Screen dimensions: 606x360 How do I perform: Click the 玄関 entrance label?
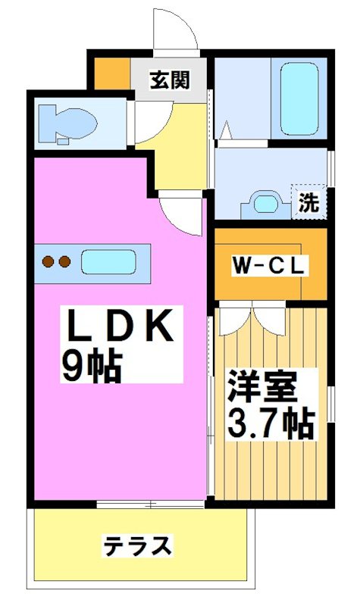pos(169,80)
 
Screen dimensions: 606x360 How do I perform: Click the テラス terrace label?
pos(138,545)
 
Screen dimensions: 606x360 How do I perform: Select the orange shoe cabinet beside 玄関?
pos(111,73)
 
